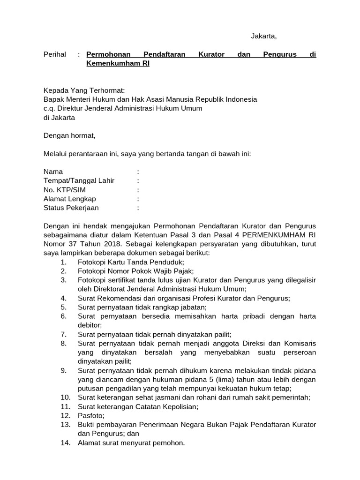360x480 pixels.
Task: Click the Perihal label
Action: pos(55,54)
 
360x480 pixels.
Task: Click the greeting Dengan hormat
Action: pos(69,135)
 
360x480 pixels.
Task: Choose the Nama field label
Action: pos(53,172)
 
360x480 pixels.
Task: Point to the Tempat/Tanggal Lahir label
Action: pos(79,180)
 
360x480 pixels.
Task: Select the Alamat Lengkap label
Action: pos(70,199)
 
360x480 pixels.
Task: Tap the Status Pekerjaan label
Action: pos(71,208)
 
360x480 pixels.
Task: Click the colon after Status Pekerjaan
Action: pos(138,208)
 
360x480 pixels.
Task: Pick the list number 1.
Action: pos(63,262)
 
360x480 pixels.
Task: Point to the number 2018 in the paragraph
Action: pos(112,244)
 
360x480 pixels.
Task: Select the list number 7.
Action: pos(63,334)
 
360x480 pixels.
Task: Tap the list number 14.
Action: pos(65,442)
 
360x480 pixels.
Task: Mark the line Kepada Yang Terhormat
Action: pos(84,90)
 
